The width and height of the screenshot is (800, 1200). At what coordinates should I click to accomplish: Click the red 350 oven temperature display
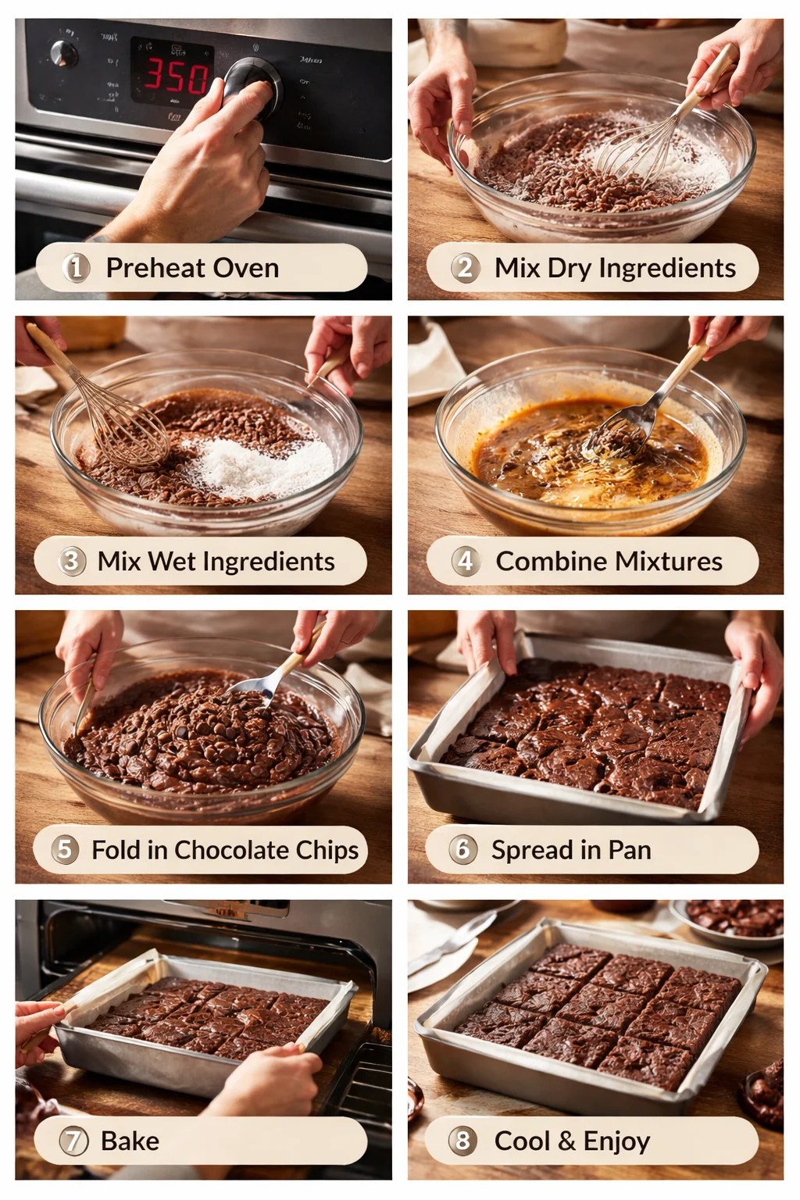click(176, 77)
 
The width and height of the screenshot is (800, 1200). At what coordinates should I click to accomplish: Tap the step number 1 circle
click(76, 268)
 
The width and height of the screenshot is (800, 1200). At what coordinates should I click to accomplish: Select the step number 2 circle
click(465, 268)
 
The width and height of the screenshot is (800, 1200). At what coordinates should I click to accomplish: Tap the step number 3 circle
click(72, 561)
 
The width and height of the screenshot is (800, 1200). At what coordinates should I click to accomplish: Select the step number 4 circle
click(466, 561)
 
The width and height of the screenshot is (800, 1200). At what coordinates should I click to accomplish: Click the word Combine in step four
click(551, 561)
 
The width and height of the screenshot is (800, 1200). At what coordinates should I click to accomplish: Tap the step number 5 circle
click(66, 849)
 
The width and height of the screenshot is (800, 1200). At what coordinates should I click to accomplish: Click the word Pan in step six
click(630, 849)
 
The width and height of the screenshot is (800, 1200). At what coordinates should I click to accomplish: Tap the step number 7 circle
click(73, 1141)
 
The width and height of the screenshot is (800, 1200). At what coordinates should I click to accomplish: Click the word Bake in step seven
click(130, 1141)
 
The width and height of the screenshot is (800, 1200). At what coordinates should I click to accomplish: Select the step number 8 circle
click(462, 1141)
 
